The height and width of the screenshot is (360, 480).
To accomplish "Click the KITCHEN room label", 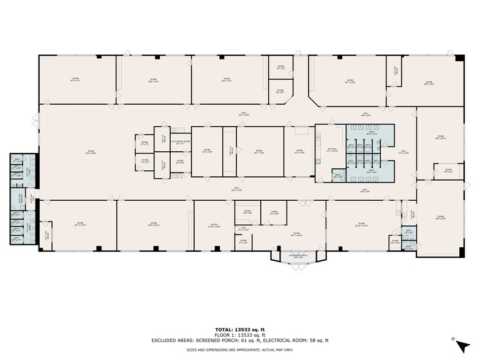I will [x=332, y=149].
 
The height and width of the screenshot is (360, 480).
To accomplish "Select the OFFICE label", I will [x=214, y=226].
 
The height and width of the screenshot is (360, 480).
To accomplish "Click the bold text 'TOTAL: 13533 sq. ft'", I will [x=240, y=329].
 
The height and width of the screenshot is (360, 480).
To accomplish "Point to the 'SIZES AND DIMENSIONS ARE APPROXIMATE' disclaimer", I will [x=240, y=350].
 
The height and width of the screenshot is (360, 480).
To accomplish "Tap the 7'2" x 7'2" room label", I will [x=144, y=143].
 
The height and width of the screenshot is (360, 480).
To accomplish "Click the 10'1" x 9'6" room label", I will [x=274, y=213].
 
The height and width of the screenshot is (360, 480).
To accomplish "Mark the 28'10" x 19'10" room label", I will [x=361, y=225].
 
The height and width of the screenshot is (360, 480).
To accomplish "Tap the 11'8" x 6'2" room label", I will [x=448, y=171].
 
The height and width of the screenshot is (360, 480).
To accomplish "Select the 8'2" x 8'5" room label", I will [x=181, y=162].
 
